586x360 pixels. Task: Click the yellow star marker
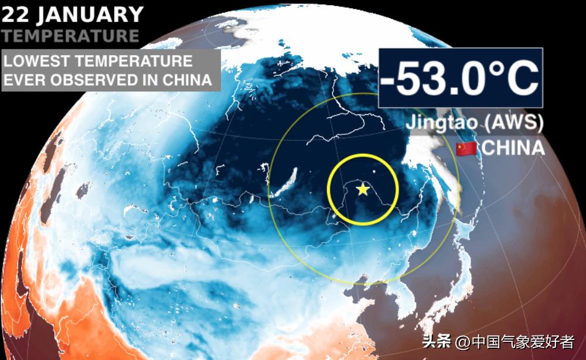click(x=363, y=189)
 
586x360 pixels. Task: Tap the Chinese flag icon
click(x=466, y=148)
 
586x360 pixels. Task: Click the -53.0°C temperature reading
click(x=459, y=79)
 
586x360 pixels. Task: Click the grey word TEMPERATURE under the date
click(x=71, y=36)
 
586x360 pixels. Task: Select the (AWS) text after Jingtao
click(x=514, y=123)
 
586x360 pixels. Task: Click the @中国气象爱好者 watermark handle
click(x=516, y=341)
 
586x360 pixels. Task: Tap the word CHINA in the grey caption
click(x=189, y=80)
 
